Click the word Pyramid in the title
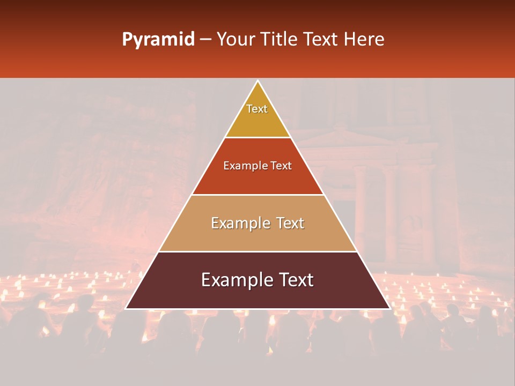pyautogui.click(x=158, y=40)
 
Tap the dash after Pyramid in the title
pyautogui.click(x=205, y=40)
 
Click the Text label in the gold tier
pyautogui.click(x=257, y=109)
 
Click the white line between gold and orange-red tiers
pyautogui.click(x=257, y=138)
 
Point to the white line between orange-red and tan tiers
pyautogui.click(x=257, y=195)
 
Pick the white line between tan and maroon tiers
pyautogui.click(x=257, y=251)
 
